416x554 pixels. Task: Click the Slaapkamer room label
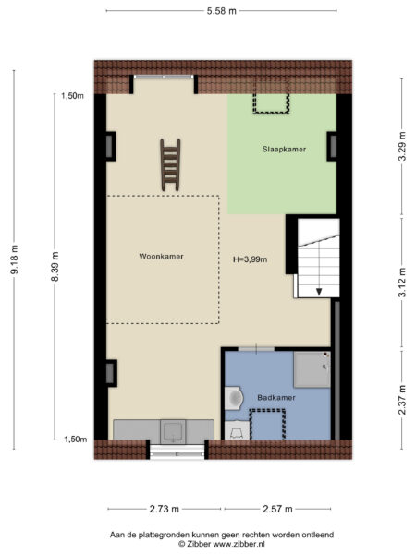[285, 149]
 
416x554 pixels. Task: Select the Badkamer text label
[276, 397]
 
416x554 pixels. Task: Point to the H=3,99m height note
[250, 259]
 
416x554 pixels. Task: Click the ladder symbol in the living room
[169, 164]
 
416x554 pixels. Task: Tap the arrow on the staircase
[319, 290]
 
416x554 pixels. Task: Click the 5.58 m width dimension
[220, 10]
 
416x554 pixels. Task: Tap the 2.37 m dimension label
[401, 400]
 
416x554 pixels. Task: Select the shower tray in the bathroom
[312, 369]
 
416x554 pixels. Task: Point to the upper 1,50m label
[73, 95]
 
